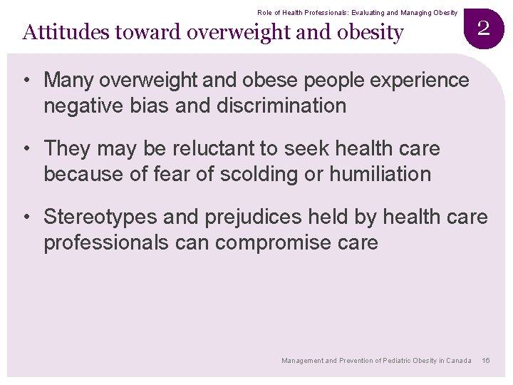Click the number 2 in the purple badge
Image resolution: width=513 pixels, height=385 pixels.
pyautogui.click(x=483, y=28)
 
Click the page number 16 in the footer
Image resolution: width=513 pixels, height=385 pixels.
pyautogui.click(x=486, y=361)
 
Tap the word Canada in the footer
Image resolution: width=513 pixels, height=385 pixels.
pyautogui.click(x=459, y=361)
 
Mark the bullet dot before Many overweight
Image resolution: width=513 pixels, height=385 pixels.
pyautogui.click(x=26, y=81)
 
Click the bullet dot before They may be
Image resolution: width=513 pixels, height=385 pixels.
pyautogui.click(x=26, y=148)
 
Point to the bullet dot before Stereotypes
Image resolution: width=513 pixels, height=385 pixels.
pyautogui.click(x=26, y=216)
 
